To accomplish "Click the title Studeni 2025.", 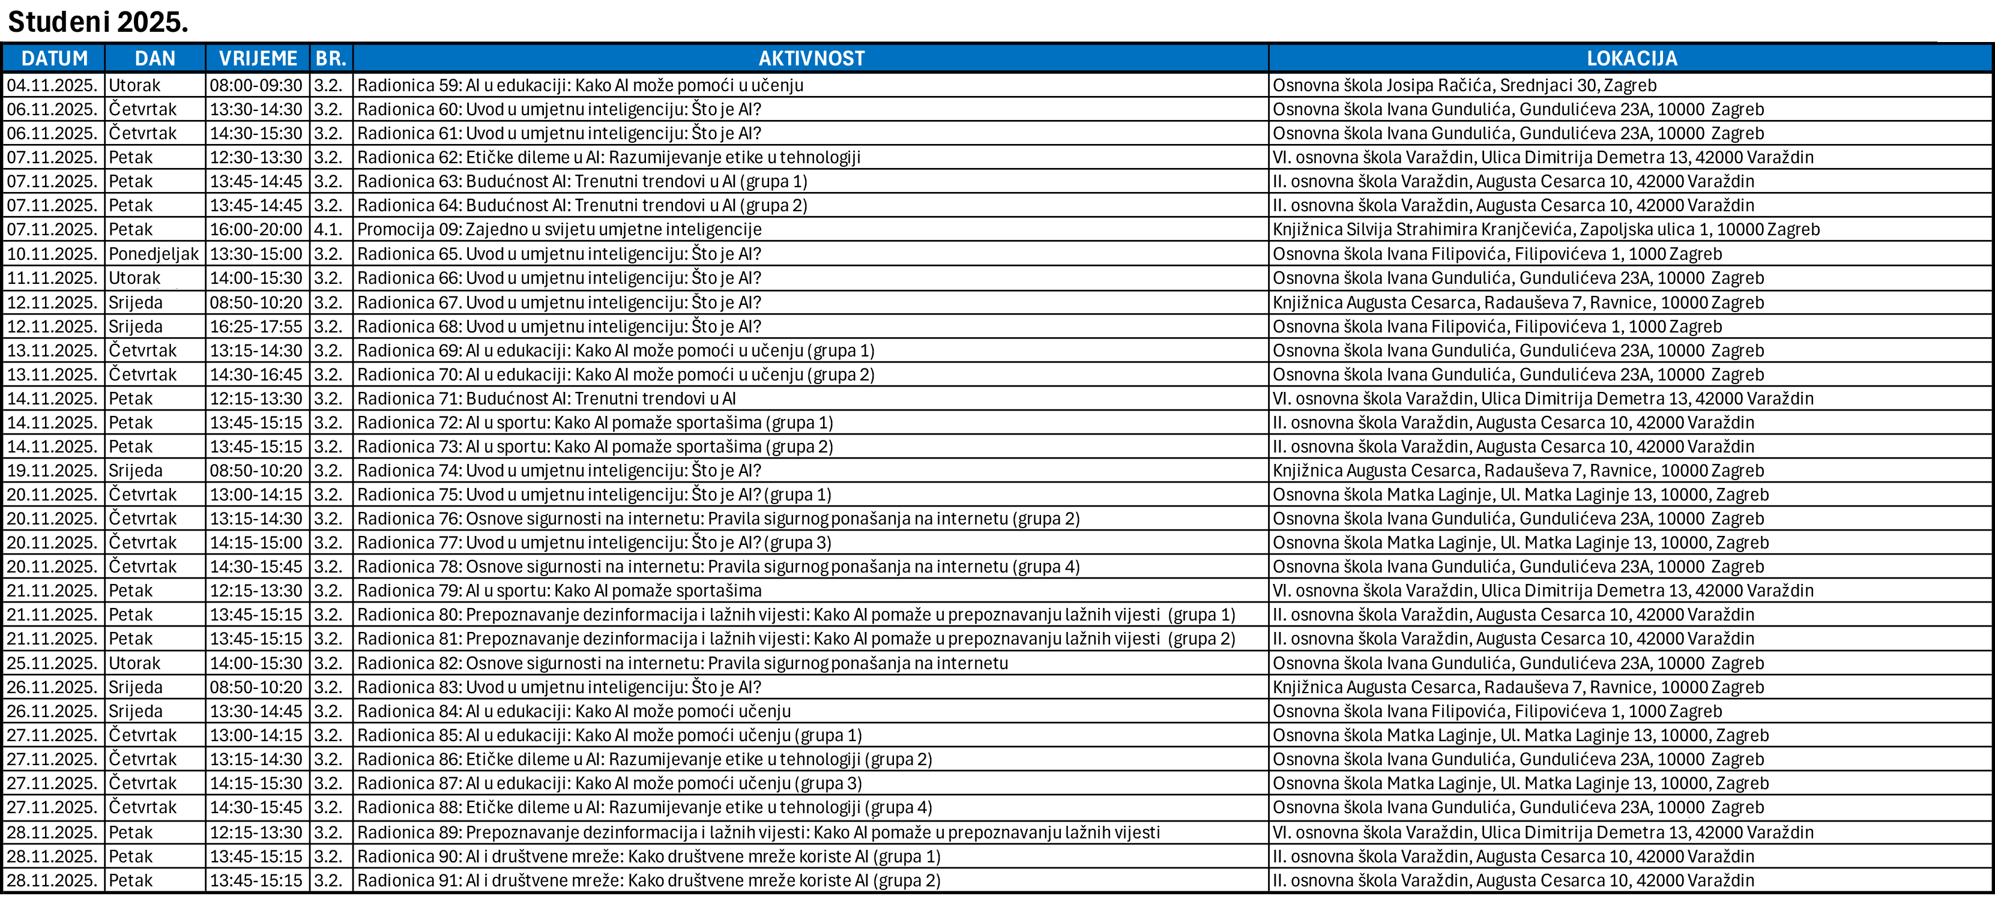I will click(98, 22).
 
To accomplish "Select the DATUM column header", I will click(54, 59).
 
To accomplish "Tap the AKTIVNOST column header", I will click(811, 59).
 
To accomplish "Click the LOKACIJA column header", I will click(1631, 59).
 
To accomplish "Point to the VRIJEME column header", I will click(258, 59).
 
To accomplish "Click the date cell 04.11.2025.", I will click(53, 85).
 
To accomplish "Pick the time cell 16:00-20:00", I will click(256, 230).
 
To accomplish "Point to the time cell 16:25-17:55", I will click(256, 326).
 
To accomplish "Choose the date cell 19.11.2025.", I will click(53, 471).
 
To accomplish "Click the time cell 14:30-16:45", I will click(256, 374).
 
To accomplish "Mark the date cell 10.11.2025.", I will click(53, 254).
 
